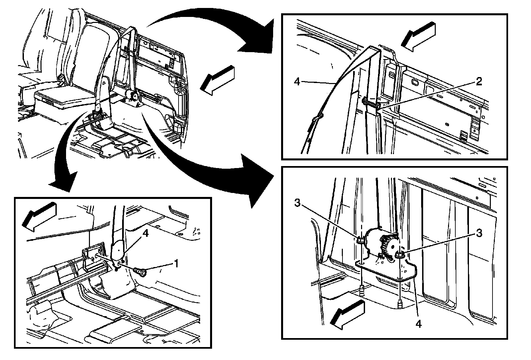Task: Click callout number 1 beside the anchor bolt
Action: [176, 264]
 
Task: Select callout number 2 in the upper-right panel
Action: [479, 81]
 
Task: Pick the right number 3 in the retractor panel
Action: [479, 233]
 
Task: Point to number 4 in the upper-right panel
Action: [297, 81]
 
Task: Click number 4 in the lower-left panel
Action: [145, 233]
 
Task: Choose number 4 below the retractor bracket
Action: [418, 324]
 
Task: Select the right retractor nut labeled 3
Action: [399, 255]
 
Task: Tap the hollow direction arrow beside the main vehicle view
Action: [217, 80]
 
